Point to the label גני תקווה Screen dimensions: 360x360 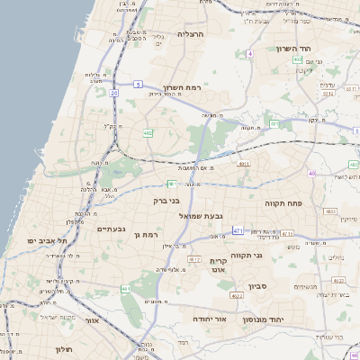247,256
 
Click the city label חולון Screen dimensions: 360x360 62,348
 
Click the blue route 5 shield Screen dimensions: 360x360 139,84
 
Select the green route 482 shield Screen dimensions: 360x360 148,133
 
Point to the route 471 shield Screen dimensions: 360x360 238,230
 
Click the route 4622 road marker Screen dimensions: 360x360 238,294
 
